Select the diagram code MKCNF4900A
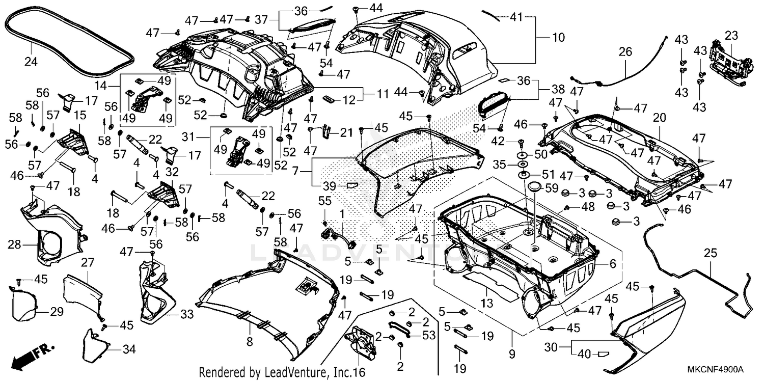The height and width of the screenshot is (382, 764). click(x=717, y=369)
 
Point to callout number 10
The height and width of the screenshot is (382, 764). click(x=558, y=37)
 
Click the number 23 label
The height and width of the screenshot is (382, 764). click(x=731, y=36)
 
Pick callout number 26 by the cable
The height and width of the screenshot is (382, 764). click(x=625, y=51)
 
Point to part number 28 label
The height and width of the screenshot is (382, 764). click(x=14, y=245)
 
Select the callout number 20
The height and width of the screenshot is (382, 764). click(x=660, y=118)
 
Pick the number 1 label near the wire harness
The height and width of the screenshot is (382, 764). click(x=342, y=212)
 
